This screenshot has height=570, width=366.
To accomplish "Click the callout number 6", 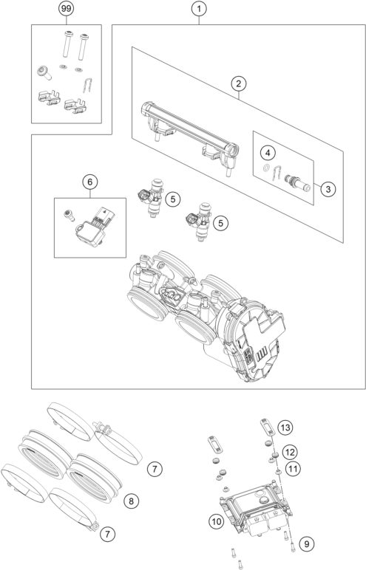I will pyautogui.click(x=89, y=181).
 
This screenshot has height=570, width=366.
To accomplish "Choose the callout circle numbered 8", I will pyautogui.click(x=130, y=501).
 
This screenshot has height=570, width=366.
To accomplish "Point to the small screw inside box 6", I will pyautogui.click(x=69, y=215).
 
